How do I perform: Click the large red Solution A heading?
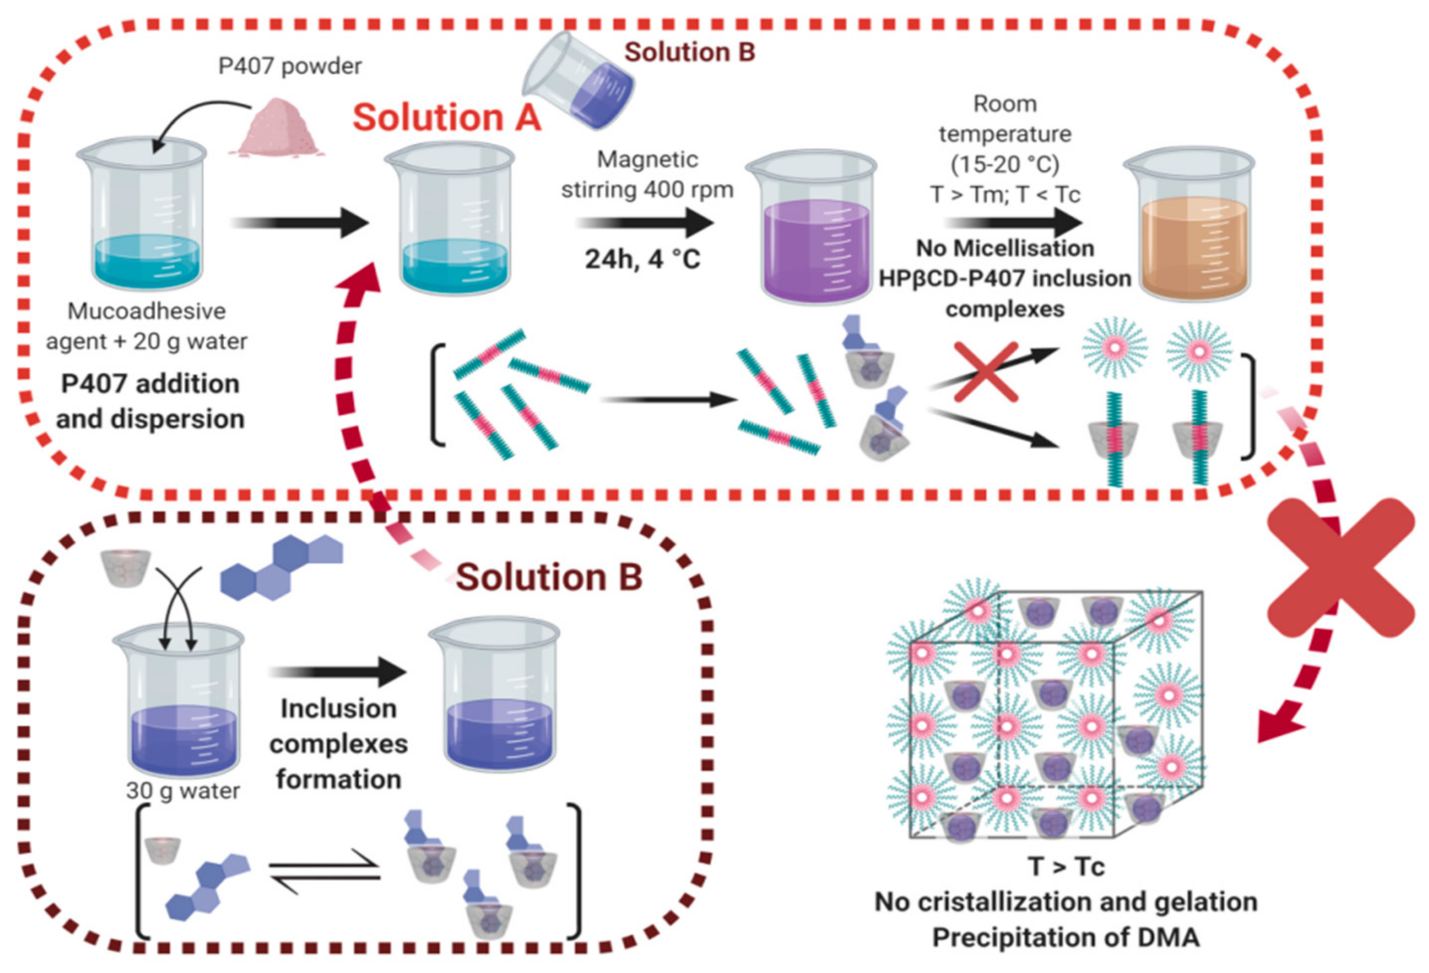(446, 117)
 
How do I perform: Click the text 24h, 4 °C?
(642, 259)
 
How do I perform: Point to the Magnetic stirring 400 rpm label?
(647, 175)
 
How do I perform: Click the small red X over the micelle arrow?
(986, 373)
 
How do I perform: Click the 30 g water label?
(183, 791)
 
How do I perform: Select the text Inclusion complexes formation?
(338, 744)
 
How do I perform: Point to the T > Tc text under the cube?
(1066, 867)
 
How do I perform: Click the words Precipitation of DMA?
(1066, 937)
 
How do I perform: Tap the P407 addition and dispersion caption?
(150, 401)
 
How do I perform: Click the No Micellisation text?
(1005, 248)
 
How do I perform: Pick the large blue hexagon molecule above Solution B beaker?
(282, 567)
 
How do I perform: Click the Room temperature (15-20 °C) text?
(1005, 134)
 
